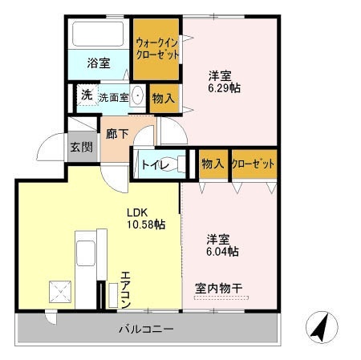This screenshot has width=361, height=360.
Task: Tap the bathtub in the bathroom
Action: [x=96, y=34]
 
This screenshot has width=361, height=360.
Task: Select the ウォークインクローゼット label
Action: [x=156, y=49]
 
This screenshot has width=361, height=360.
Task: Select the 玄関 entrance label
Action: [x=80, y=148]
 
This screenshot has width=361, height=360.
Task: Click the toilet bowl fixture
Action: [x=181, y=164]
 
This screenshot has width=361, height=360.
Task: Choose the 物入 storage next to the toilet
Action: [x=213, y=164]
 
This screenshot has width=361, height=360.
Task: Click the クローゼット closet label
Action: [x=253, y=164]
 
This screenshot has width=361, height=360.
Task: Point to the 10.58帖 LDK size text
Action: [x=146, y=225]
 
